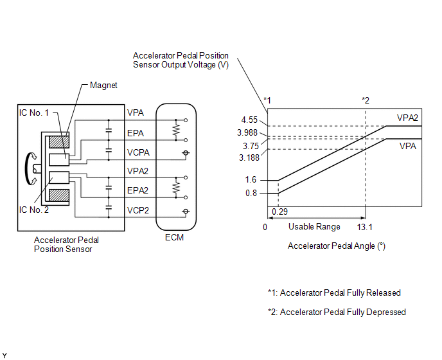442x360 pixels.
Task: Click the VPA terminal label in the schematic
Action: pos(136,113)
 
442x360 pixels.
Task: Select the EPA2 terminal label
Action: pos(138,190)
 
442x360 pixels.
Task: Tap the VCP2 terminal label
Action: pos(138,210)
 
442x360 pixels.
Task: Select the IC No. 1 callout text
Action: pos(35,113)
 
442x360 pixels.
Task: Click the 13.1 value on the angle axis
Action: pos(366,226)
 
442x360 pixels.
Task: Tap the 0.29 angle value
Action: pos(280,212)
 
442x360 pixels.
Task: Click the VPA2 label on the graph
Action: pos(408,118)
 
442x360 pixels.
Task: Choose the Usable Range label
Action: pos(314,226)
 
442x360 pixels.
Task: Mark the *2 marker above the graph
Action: pos(366,100)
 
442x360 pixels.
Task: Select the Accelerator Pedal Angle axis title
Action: pos(336,246)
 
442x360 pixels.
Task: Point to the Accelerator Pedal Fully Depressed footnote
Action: pos(337,312)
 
